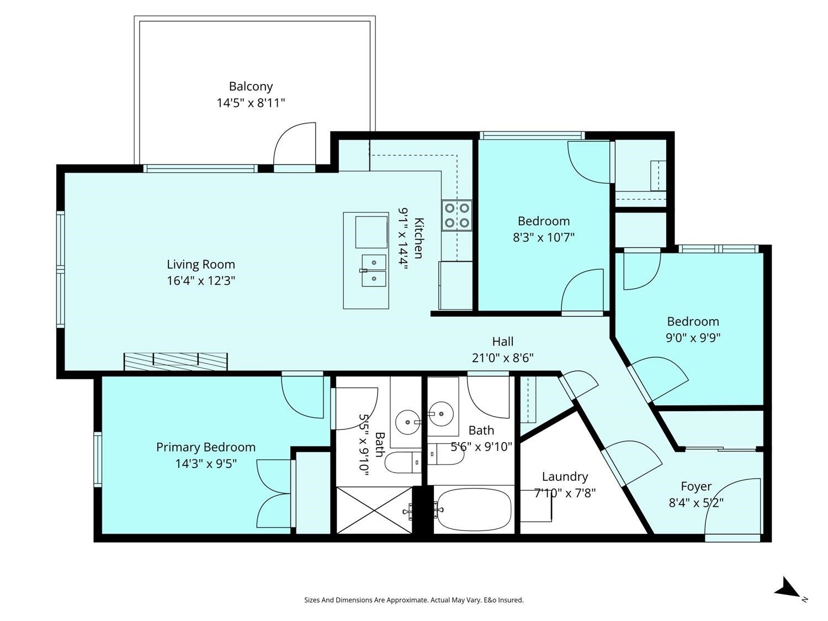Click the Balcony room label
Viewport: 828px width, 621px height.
tap(251, 86)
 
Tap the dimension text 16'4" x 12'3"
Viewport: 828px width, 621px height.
tap(201, 280)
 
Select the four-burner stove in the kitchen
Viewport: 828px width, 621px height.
tap(457, 215)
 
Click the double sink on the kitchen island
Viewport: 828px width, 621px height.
tap(374, 270)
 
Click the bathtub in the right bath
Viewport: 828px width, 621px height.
tap(474, 509)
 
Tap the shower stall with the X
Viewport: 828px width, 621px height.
tap(374, 510)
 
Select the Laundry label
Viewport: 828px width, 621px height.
tap(565, 476)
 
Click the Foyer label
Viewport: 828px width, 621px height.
tap(696, 486)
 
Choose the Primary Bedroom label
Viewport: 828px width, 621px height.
tap(205, 447)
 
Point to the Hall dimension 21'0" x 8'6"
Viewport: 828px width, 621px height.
tap(502, 358)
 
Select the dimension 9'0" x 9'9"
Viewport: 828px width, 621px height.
tap(693, 337)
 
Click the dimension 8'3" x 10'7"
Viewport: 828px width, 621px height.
tap(544, 237)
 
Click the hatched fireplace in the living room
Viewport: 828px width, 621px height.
tap(176, 362)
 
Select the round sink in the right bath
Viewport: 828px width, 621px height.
tap(440, 413)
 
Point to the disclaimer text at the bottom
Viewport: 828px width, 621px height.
tap(414, 600)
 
